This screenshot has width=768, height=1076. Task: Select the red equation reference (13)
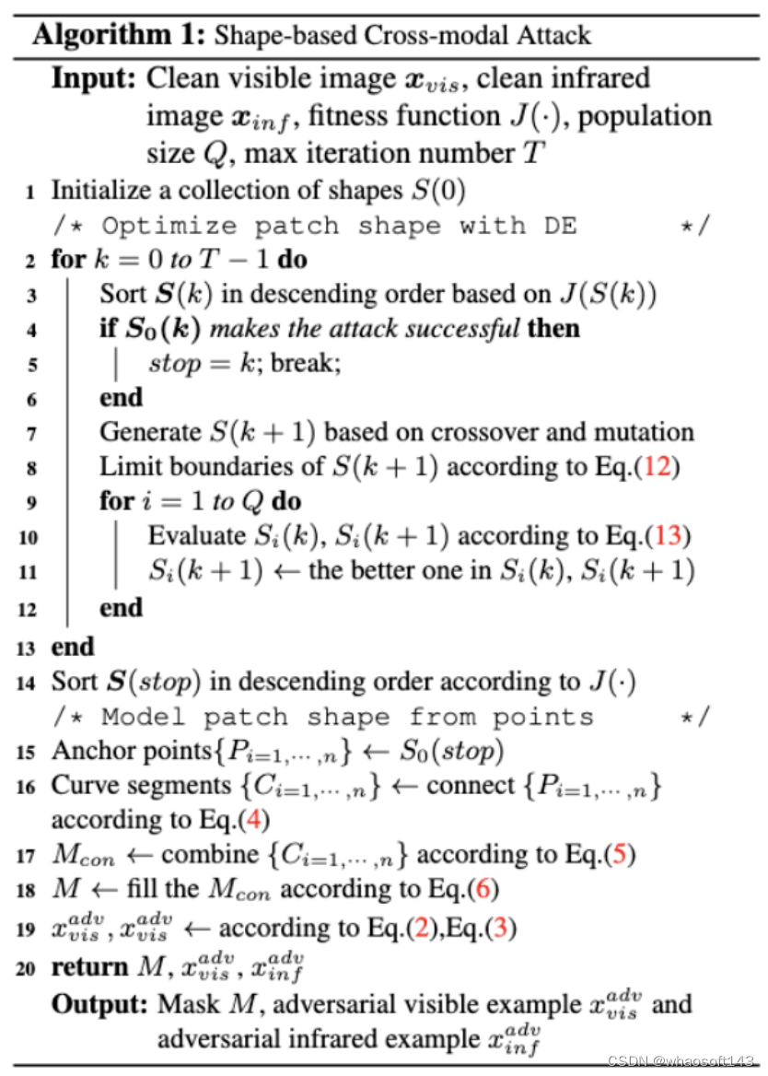671,536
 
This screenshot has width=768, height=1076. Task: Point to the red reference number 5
617,855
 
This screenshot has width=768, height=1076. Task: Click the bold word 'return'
89,967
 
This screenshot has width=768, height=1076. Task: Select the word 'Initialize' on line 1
99,191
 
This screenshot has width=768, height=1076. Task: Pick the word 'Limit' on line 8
124,466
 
